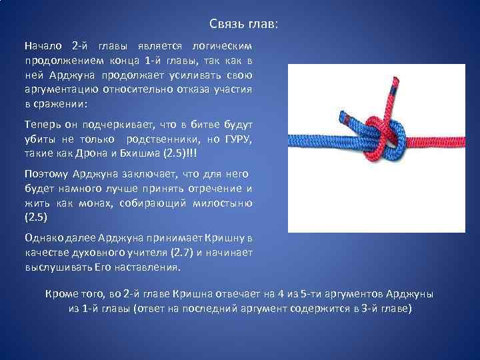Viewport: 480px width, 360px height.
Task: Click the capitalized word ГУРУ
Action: [x=237, y=139]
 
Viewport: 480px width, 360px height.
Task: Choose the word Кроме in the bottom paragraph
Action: [x=61, y=295]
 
